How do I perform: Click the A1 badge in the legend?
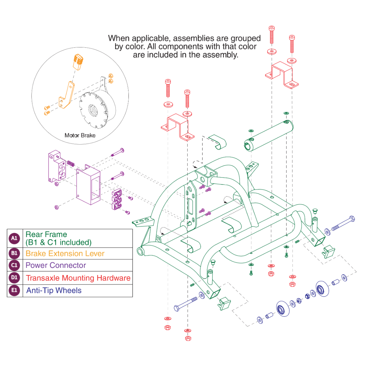14,238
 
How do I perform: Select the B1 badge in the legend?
14,254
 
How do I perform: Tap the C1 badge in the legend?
14,265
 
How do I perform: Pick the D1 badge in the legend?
14,278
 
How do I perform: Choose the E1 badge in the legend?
14,290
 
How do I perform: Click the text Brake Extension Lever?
65,254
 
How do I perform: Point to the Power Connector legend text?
56,265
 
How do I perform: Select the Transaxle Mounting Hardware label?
78,278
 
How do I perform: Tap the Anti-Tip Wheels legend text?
54,290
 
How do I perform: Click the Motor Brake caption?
80,135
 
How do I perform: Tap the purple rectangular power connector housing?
88,186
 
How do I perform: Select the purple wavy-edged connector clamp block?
117,200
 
